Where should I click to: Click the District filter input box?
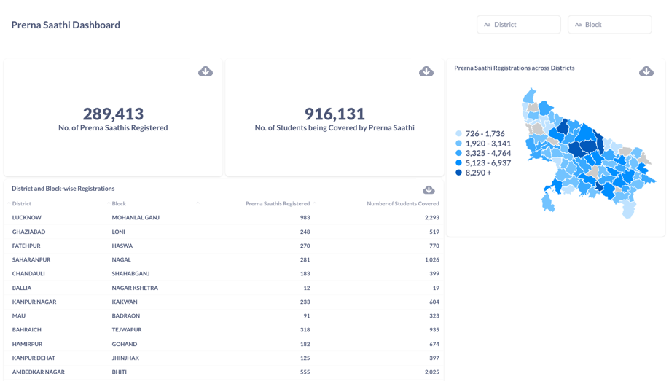(x=518, y=25)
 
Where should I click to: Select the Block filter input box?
(x=609, y=25)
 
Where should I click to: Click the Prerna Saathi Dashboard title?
(x=66, y=25)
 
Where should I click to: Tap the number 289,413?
(x=113, y=114)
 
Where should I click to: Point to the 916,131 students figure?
(x=334, y=114)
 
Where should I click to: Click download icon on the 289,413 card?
(x=206, y=71)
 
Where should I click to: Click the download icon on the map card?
(x=646, y=71)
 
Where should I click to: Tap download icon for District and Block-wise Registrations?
(x=429, y=189)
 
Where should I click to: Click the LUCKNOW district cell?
(x=27, y=218)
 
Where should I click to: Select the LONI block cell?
(x=119, y=232)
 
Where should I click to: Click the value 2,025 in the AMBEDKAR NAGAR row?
(x=431, y=372)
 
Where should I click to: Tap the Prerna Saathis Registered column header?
(x=277, y=204)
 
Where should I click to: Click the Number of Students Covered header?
(x=402, y=204)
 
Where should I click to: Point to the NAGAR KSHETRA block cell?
(x=135, y=288)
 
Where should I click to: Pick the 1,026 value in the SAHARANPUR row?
(x=431, y=260)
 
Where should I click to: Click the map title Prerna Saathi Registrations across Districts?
(x=514, y=68)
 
